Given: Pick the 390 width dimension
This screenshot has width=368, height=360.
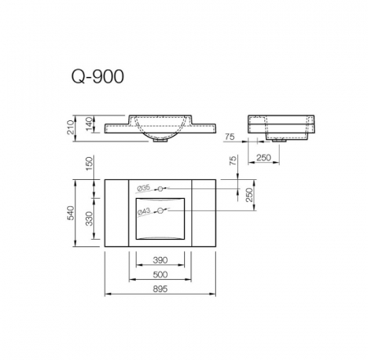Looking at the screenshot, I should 160,261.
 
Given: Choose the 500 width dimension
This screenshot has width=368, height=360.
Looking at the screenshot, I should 160,276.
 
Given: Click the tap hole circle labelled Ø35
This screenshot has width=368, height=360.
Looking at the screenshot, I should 161,188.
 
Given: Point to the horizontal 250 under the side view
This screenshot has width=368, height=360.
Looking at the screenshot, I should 263,157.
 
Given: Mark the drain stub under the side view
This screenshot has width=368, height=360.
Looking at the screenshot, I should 282,142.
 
